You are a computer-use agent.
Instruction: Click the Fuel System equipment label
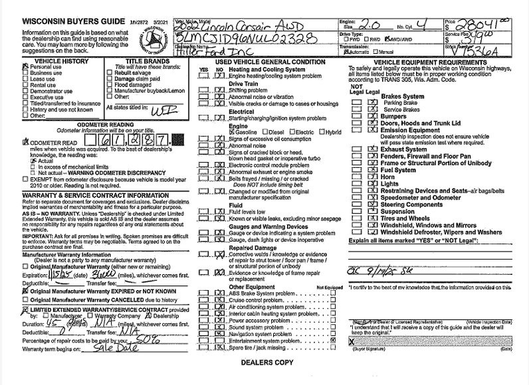(x=398, y=170)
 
